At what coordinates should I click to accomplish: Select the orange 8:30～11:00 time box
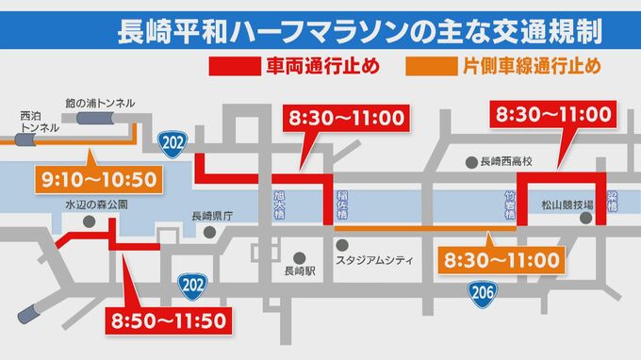click(x=500, y=257)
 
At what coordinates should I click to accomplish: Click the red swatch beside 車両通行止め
click(x=230, y=68)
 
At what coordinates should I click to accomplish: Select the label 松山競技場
click(x=567, y=205)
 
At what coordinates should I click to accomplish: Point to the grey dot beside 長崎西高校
click(x=469, y=161)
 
